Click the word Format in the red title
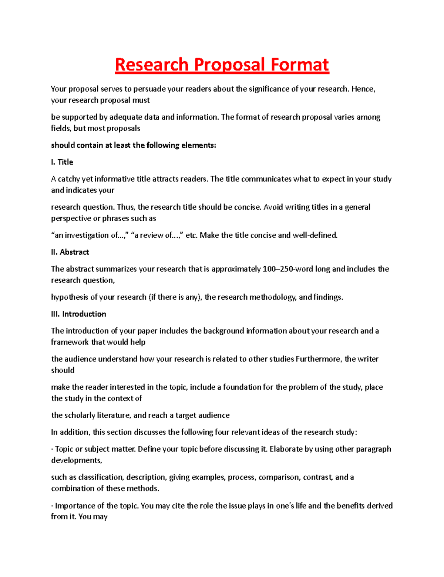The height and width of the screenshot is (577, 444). pos(299,65)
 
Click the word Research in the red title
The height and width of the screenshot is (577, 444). pos(152,65)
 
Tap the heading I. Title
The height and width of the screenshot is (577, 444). pos(62,162)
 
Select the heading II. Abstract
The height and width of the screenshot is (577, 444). pos(70,252)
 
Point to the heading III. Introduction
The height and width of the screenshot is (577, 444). pos(78,314)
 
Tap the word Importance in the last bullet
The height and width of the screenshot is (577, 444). pos(75,506)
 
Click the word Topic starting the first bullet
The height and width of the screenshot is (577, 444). pos(64,449)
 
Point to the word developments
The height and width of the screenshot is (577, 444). pos(76,460)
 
